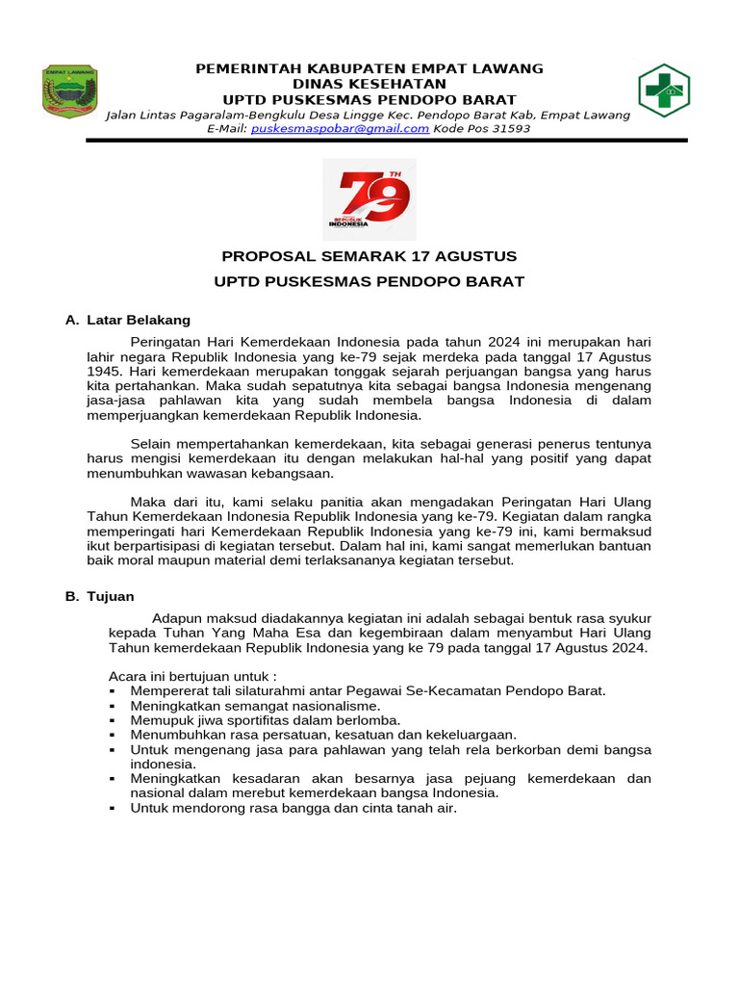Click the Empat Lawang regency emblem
tap(70, 91)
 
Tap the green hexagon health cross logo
tap(664, 91)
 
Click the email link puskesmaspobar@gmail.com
tap(340, 128)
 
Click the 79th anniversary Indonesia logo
tap(369, 199)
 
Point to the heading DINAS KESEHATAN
tap(369, 84)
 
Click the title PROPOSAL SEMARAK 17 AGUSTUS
tap(369, 256)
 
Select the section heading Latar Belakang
tap(139, 320)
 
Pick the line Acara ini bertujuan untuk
tap(192, 676)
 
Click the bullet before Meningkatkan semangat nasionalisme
tap(114, 706)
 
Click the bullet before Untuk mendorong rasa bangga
tap(114, 809)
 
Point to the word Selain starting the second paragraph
tap(150, 444)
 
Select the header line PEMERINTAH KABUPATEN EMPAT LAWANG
tap(369, 68)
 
